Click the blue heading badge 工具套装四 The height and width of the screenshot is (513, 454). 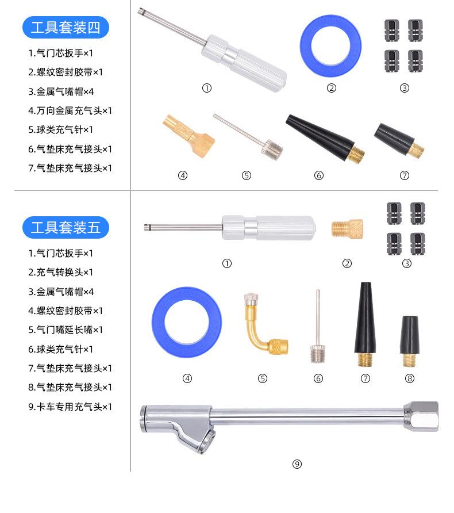65,27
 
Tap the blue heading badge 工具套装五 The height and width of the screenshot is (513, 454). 65,228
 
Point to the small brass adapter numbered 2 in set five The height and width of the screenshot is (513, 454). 347,229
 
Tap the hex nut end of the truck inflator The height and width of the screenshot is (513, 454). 421,416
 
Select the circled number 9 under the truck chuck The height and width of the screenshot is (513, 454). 297,464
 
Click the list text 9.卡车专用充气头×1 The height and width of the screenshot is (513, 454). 70,407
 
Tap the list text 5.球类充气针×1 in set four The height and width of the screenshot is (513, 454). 61,129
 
